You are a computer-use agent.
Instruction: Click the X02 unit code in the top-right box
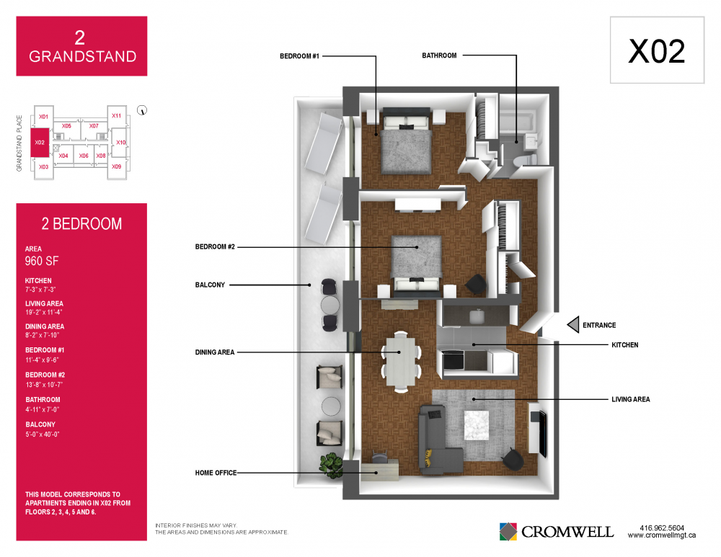[656, 50]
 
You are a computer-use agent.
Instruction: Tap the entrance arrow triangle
[573, 325]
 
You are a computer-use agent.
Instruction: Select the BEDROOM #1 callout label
[299, 56]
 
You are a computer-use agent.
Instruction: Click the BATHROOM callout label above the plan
[439, 55]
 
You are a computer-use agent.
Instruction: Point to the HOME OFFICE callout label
[216, 473]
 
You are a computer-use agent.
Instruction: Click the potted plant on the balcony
[331, 465]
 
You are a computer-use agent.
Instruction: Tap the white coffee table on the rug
[476, 425]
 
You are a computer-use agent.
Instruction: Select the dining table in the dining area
[400, 362]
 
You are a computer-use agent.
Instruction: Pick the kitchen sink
[477, 316]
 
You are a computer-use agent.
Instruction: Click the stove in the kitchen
[453, 360]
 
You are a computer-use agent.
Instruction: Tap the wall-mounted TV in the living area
[543, 433]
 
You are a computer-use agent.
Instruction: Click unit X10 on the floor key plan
[120, 143]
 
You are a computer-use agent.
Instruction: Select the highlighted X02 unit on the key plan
[40, 143]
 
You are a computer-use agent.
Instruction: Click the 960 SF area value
[42, 261]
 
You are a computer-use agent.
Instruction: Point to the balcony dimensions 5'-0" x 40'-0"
[43, 435]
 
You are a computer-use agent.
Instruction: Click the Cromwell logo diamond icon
[508, 532]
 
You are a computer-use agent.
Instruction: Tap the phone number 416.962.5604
[662, 528]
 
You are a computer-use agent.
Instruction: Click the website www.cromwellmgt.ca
[662, 535]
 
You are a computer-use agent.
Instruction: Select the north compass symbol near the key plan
[142, 110]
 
